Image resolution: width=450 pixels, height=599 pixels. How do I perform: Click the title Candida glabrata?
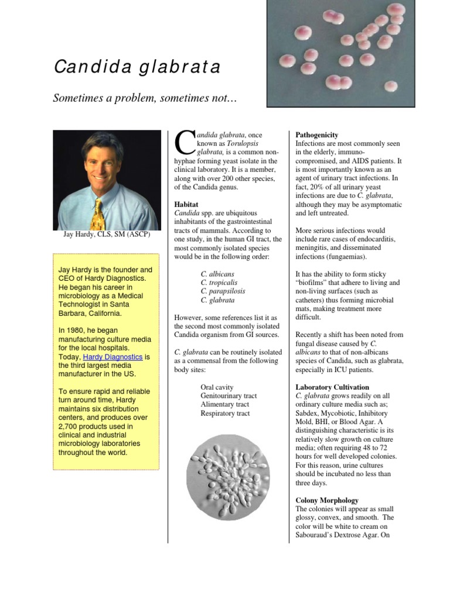(x=137, y=67)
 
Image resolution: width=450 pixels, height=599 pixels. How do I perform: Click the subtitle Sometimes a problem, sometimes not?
(x=145, y=98)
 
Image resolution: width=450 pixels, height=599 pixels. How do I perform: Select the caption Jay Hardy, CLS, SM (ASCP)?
(x=107, y=235)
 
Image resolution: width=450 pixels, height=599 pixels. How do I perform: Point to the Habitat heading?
(x=187, y=204)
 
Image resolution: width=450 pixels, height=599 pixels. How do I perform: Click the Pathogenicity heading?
(x=317, y=135)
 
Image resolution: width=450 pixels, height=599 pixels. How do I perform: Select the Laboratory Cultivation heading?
(x=332, y=387)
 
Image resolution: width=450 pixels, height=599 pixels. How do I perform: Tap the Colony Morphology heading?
(x=327, y=500)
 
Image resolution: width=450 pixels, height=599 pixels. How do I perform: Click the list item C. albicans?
(x=217, y=274)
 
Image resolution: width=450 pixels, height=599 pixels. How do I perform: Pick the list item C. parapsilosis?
(x=223, y=291)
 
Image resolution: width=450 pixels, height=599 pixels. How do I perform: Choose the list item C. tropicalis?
(x=219, y=283)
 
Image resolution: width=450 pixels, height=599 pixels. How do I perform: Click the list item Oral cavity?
(x=217, y=387)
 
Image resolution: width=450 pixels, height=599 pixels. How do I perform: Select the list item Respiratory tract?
(x=225, y=414)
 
